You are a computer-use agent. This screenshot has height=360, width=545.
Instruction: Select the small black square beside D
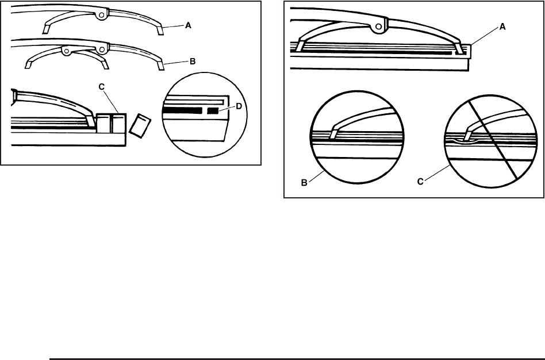click(213, 110)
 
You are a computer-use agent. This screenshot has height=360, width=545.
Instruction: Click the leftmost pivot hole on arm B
click(67, 51)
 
